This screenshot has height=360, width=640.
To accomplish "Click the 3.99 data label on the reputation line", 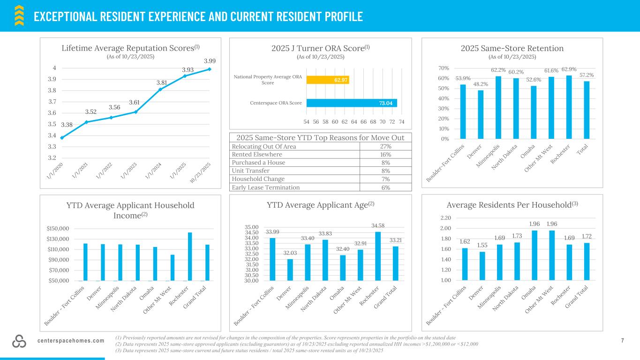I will coord(210,61).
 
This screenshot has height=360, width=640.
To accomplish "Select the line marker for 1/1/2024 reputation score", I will coord(160,89).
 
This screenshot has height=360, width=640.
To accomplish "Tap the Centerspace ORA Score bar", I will coord(352,103).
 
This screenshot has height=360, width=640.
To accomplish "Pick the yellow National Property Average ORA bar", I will coord(328,80).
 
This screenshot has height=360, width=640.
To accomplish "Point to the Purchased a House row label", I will coord(258,163).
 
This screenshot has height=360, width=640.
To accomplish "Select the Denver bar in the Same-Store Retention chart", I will coord(481,114).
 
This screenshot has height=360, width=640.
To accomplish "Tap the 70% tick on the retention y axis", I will coord(444,68).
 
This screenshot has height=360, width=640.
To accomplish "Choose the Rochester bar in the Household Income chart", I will coord(190,256).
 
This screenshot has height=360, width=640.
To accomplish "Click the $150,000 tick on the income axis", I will coord(58,229).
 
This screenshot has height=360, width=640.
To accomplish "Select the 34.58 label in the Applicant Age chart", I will coord(378,225).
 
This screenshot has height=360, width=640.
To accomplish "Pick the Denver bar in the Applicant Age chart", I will coord(290,270).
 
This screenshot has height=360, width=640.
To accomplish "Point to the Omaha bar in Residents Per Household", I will coord(535,255).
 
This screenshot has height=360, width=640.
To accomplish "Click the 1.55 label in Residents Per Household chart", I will coord(482,245).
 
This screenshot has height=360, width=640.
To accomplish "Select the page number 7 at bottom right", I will coord(623,341).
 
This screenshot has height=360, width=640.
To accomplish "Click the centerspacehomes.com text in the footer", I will coord(71,341).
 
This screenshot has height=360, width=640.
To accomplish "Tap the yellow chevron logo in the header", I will coord(19,15).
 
